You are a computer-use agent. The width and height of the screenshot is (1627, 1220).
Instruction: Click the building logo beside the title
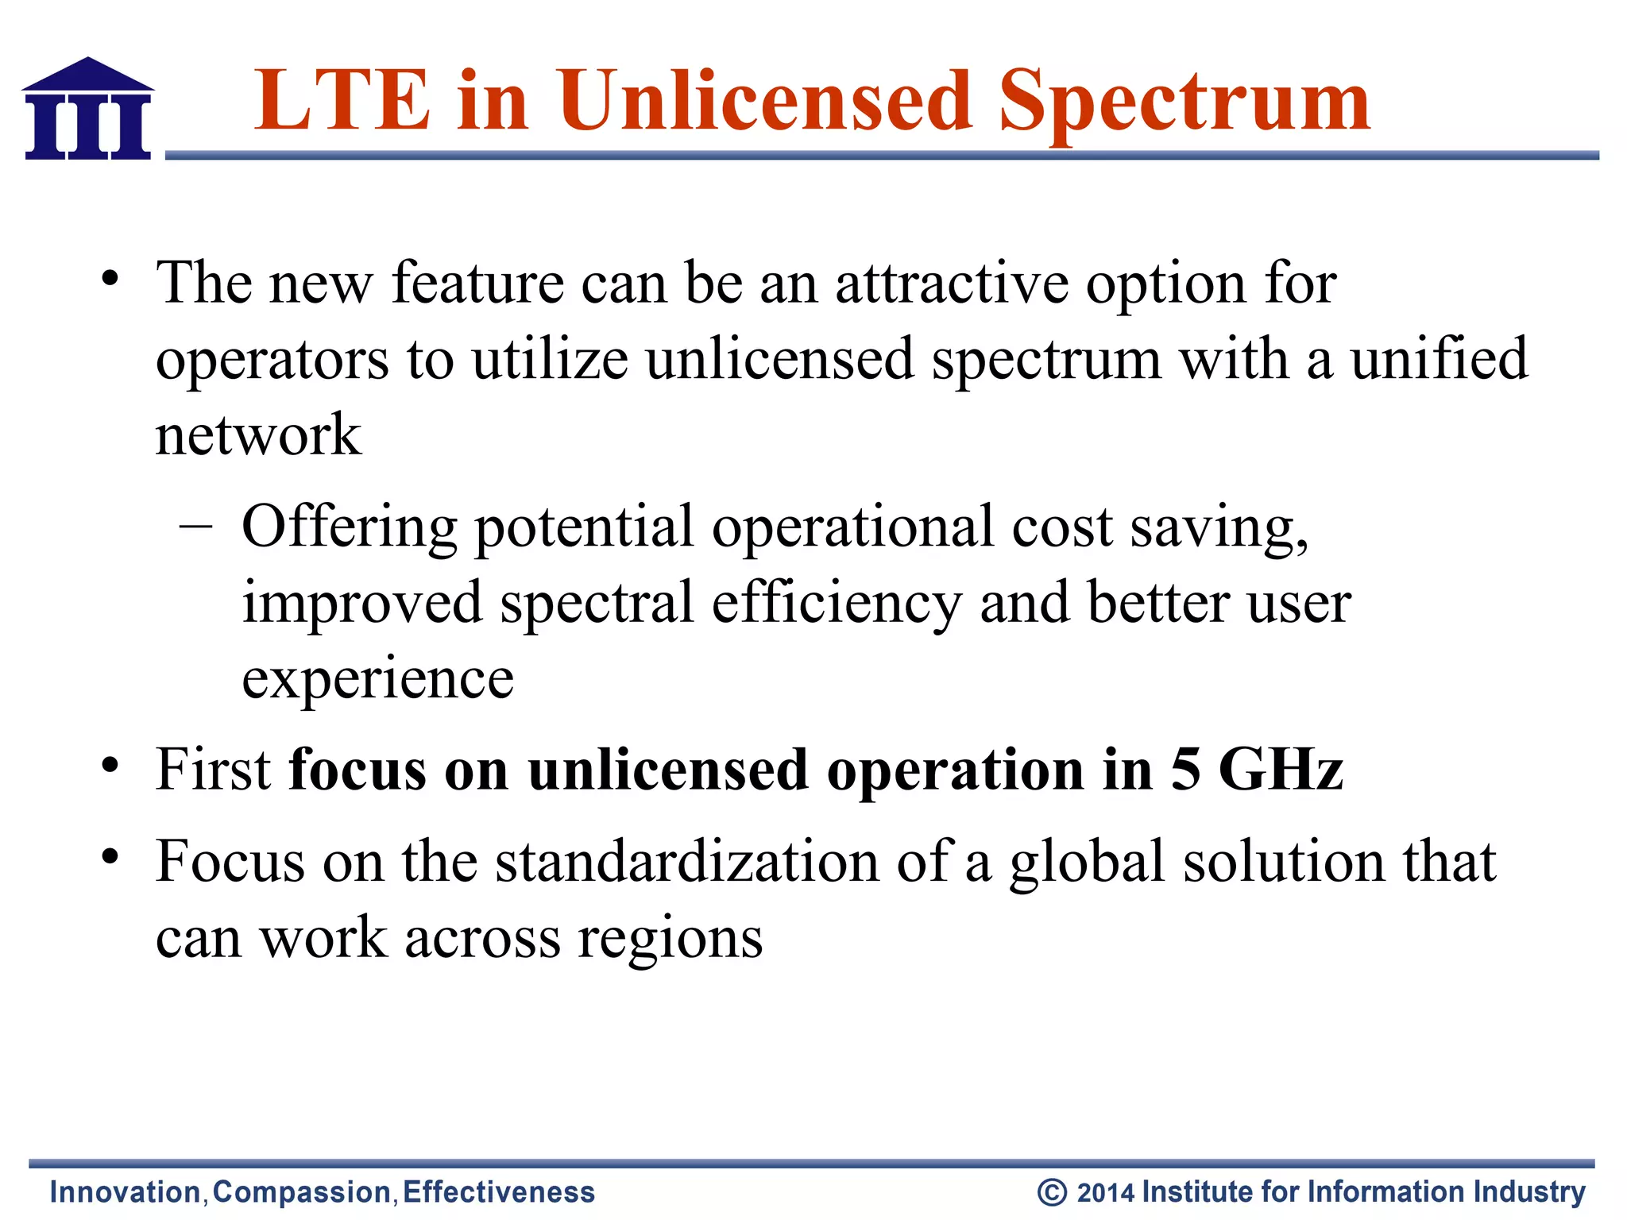click(x=87, y=109)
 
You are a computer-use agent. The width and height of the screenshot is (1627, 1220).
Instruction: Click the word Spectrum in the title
click(x=1184, y=102)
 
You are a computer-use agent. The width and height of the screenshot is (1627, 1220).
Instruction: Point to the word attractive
click(x=951, y=284)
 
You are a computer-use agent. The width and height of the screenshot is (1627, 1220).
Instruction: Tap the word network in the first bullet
click(x=258, y=436)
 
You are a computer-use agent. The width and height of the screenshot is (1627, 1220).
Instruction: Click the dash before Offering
click(x=195, y=526)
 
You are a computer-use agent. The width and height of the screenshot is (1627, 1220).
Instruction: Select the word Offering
click(x=350, y=528)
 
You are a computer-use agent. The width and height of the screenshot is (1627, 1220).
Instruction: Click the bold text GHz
click(x=1281, y=770)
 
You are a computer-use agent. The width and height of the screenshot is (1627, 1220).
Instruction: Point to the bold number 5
click(x=1185, y=770)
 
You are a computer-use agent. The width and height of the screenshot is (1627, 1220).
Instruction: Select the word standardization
click(x=687, y=862)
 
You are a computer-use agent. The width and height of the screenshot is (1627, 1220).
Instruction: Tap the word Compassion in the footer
click(x=302, y=1192)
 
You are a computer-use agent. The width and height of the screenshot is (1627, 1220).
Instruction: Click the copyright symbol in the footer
click(x=1052, y=1192)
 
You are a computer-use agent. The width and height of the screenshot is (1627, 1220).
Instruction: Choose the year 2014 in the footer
click(x=1106, y=1192)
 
